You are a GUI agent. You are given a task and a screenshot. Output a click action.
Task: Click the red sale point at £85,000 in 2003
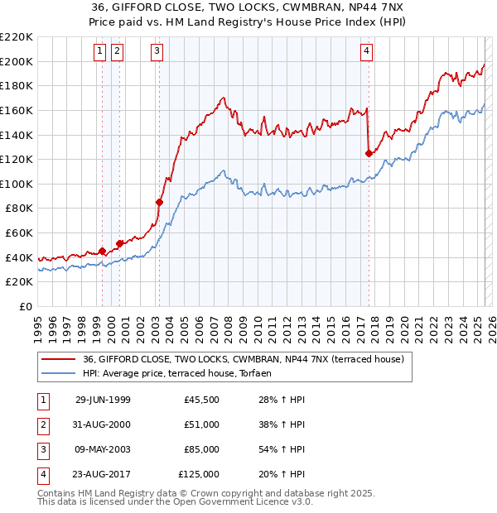[159, 201]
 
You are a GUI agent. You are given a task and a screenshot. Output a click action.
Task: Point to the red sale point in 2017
[369, 152]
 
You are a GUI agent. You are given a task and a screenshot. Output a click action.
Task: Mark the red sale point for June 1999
[102, 251]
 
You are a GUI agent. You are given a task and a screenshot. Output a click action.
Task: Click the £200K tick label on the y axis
[17, 61]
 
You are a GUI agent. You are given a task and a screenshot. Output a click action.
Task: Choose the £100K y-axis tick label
[17, 184]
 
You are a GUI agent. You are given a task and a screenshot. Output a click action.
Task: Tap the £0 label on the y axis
[25, 306]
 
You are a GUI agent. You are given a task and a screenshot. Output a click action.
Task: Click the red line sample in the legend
[58, 359]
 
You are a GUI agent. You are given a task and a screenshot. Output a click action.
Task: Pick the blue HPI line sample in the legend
[58, 373]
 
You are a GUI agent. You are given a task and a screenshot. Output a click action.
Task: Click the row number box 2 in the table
[43, 424]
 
